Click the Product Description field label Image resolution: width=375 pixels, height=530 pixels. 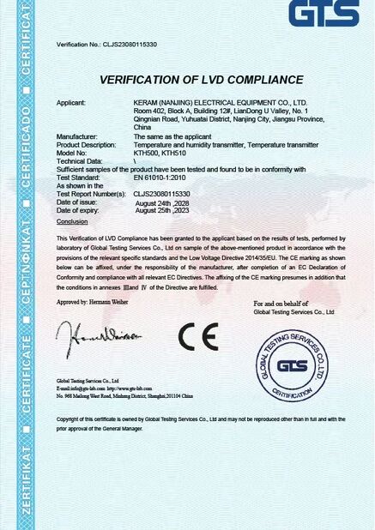point(87,145)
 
